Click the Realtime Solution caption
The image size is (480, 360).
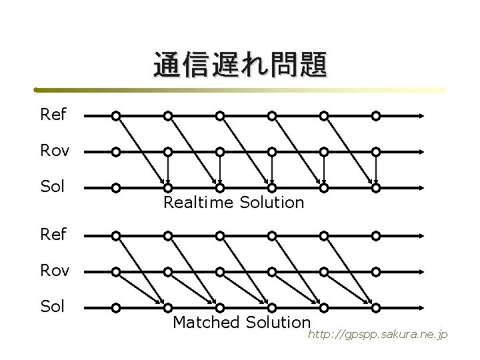click(x=233, y=202)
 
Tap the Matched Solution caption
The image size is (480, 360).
click(x=241, y=323)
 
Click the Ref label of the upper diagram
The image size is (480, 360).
click(x=53, y=115)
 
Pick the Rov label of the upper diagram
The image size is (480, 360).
click(x=55, y=151)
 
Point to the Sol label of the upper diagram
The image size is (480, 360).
click(x=53, y=186)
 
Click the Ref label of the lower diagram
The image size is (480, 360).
click(x=53, y=235)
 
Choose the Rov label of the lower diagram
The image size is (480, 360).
click(x=55, y=271)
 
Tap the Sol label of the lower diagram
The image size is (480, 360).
click(x=53, y=307)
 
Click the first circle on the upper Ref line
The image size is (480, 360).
click(x=116, y=116)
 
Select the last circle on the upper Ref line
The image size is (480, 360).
click(x=376, y=116)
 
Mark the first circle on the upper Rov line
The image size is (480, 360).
click(x=116, y=152)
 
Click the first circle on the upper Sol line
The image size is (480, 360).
click(x=116, y=188)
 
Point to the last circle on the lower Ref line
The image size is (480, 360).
click(x=376, y=235)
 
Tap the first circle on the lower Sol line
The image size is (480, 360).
click(x=116, y=308)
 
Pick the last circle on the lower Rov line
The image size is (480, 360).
click(x=376, y=271)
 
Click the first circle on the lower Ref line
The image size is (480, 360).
click(x=116, y=235)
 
